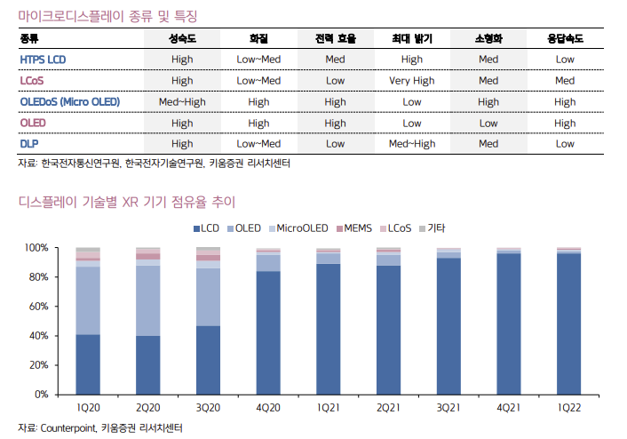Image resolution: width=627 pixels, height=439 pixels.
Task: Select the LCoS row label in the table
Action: [x=32, y=81]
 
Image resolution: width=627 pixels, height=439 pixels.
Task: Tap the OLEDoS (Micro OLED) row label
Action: [x=69, y=101]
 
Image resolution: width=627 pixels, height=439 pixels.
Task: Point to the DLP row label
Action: [x=29, y=143]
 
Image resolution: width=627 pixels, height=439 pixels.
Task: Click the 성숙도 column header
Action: [x=182, y=39]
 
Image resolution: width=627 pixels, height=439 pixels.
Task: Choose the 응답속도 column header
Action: [x=565, y=39]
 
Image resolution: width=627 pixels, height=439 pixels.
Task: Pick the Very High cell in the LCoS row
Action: [x=411, y=81]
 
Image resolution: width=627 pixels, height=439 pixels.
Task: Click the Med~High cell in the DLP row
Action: [x=411, y=143]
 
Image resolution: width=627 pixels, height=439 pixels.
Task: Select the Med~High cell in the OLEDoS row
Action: [x=182, y=101]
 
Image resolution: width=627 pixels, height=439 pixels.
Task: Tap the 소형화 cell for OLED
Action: [x=488, y=123]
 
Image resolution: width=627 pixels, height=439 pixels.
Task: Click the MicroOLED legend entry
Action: [x=298, y=228]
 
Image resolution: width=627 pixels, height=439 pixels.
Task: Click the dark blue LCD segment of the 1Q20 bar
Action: [x=88, y=363]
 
